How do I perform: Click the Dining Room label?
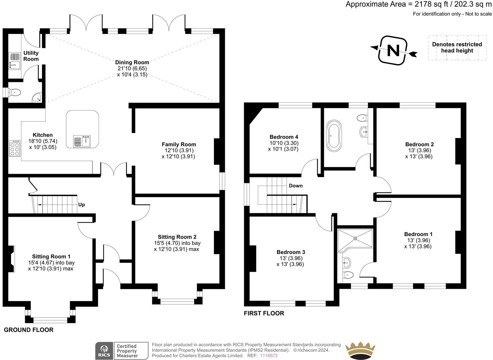(x=132, y=62)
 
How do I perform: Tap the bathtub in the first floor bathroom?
(x=334, y=136)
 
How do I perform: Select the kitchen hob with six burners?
(x=15, y=149)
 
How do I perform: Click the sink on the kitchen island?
(x=82, y=141)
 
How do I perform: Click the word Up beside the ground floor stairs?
(x=81, y=205)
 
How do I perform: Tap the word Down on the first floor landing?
(x=295, y=186)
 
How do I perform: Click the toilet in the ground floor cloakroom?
(x=15, y=92)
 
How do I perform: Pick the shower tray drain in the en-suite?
(x=355, y=238)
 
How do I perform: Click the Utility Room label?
(x=31, y=56)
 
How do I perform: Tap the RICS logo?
(x=104, y=351)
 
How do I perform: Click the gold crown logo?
(x=360, y=351)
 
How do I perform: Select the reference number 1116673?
(x=269, y=356)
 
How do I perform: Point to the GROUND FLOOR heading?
(x=29, y=330)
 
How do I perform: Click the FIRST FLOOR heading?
(x=264, y=313)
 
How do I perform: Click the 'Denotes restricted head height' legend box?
(x=457, y=48)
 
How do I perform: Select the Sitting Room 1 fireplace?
(x=11, y=259)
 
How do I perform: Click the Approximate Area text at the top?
(x=419, y=4)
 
